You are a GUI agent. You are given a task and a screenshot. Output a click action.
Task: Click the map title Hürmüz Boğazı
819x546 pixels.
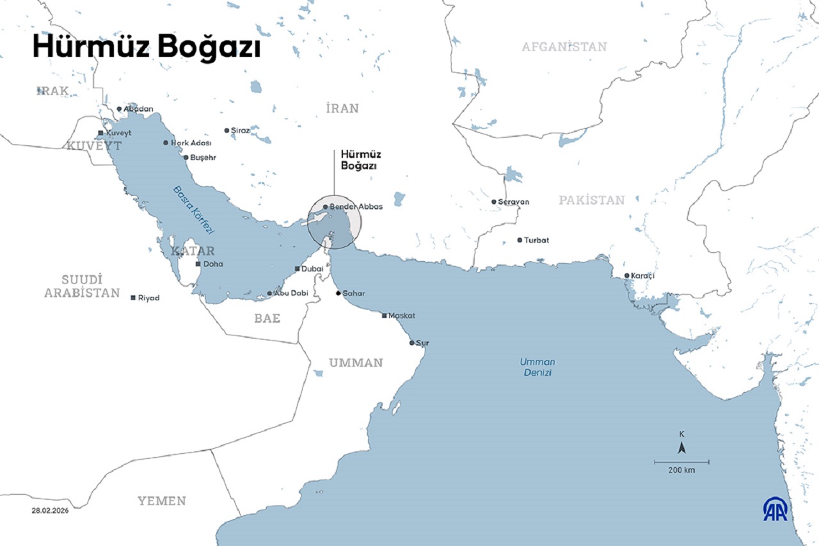tap(147, 48)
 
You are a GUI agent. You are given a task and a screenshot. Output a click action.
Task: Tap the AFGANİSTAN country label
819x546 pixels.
tap(564, 47)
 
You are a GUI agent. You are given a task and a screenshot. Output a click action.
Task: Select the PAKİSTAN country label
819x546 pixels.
tap(591, 200)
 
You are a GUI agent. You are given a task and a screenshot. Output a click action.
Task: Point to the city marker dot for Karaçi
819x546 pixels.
tap(627, 276)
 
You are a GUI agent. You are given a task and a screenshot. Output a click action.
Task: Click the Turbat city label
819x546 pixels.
tap(536, 241)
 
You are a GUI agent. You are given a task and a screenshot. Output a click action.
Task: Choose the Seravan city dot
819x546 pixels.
tap(494, 202)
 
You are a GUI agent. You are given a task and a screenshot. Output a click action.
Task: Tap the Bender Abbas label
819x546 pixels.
tap(356, 207)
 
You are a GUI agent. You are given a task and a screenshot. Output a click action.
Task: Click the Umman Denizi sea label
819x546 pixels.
tap(537, 367)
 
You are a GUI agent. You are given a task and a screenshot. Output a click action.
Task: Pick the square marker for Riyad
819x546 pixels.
tap(133, 298)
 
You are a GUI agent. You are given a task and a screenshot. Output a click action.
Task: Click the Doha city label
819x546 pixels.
tap(213, 264)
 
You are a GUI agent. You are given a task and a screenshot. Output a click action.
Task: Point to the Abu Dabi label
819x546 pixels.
tap(291, 293)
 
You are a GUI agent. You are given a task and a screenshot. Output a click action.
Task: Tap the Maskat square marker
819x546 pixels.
tap(384, 316)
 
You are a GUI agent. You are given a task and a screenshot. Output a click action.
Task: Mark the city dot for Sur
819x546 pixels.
tap(412, 343)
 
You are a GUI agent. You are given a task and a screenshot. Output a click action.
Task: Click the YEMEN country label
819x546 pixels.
tap(162, 501)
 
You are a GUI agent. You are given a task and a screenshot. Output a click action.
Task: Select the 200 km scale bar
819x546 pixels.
tap(681, 462)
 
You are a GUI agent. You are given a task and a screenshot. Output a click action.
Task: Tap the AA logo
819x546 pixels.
tap(775, 509)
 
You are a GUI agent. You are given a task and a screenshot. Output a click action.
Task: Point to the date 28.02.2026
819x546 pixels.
tap(50, 510)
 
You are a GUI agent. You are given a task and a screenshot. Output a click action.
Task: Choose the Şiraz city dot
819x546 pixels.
tap(227, 131)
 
